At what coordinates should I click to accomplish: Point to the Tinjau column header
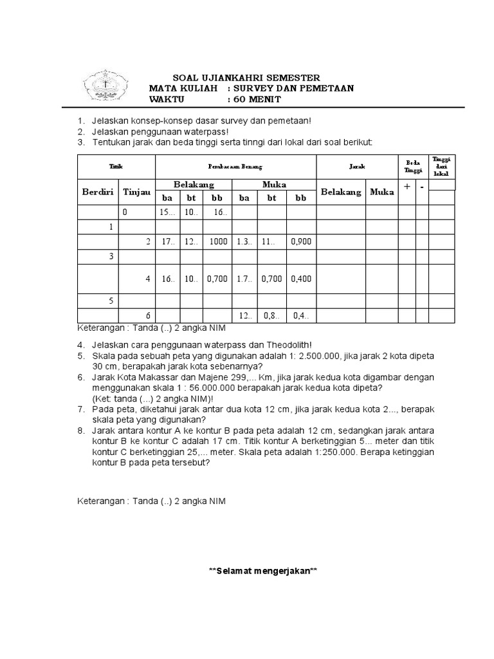pos(136,192)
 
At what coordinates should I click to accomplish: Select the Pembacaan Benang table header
pos(235,166)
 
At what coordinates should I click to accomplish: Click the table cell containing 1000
pos(218,242)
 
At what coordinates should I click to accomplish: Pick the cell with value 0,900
pos(300,242)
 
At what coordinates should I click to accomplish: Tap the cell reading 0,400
pos(300,279)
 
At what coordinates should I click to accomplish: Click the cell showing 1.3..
pos(244,242)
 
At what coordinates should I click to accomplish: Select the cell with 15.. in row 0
pos(167,212)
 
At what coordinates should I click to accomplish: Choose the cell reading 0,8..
pos(271,316)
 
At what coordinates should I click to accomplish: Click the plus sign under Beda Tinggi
pos(406,187)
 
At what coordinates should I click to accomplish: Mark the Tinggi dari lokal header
pos(441,166)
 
